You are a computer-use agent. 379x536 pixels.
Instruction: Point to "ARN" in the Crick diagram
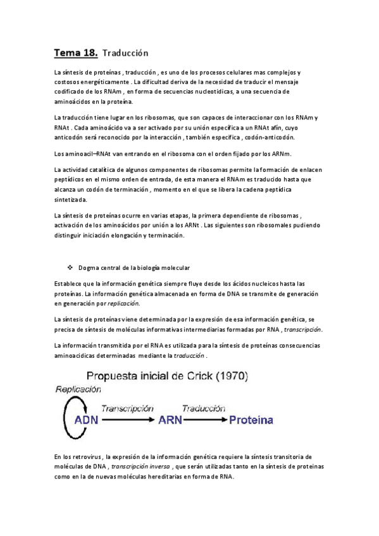click(171, 420)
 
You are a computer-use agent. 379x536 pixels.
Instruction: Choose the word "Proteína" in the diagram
click(251, 420)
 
